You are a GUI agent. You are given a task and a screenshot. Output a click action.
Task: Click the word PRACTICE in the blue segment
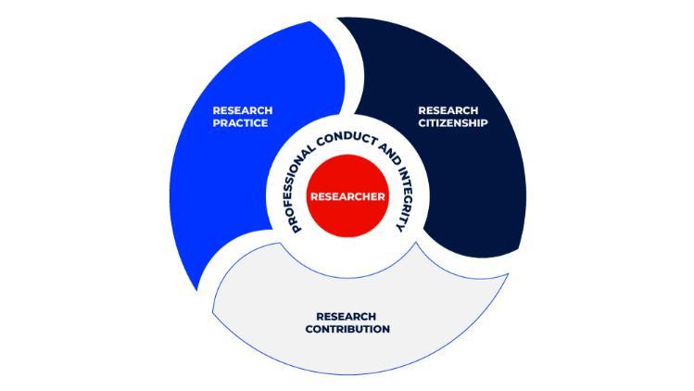click(240, 123)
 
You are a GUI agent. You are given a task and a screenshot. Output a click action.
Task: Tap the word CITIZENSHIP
click(452, 123)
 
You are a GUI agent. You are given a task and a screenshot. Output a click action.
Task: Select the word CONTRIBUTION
click(347, 329)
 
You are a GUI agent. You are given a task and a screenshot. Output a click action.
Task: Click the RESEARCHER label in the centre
click(347, 196)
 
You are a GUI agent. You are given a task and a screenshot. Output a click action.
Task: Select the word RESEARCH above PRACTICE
click(243, 110)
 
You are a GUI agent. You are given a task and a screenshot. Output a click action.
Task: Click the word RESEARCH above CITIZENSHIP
click(448, 110)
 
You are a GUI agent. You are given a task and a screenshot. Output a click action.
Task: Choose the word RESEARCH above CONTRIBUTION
click(347, 316)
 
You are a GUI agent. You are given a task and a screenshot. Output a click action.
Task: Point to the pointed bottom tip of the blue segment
click(198, 289)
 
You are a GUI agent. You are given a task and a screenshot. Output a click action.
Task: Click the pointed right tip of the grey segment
click(508, 273)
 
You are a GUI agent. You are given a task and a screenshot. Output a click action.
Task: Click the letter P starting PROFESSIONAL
click(297, 228)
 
